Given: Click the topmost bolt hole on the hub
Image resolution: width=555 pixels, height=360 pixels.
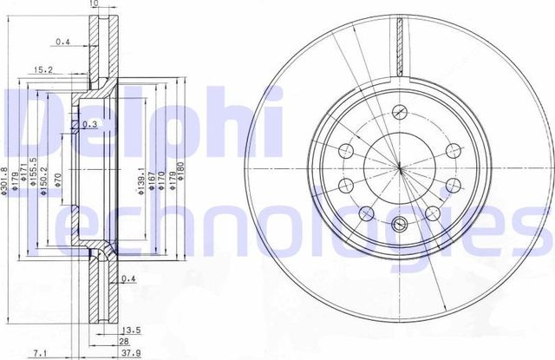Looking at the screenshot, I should point(399,110).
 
